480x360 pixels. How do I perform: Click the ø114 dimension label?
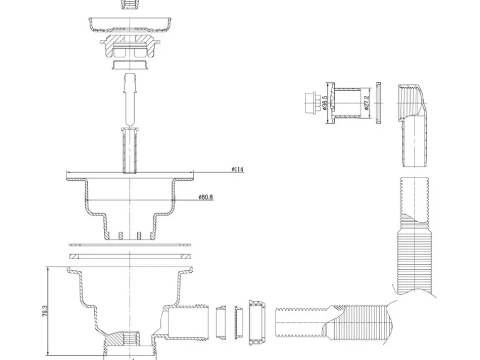tap(238, 169)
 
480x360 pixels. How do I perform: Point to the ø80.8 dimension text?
tap(206, 197)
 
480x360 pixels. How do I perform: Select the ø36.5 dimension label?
tap(325, 102)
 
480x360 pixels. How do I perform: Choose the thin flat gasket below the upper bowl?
tap(129, 245)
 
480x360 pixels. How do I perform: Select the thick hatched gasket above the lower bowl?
tap(129, 256)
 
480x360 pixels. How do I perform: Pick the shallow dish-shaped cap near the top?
tap(130, 26)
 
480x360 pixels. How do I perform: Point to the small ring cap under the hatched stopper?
tap(130, 64)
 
